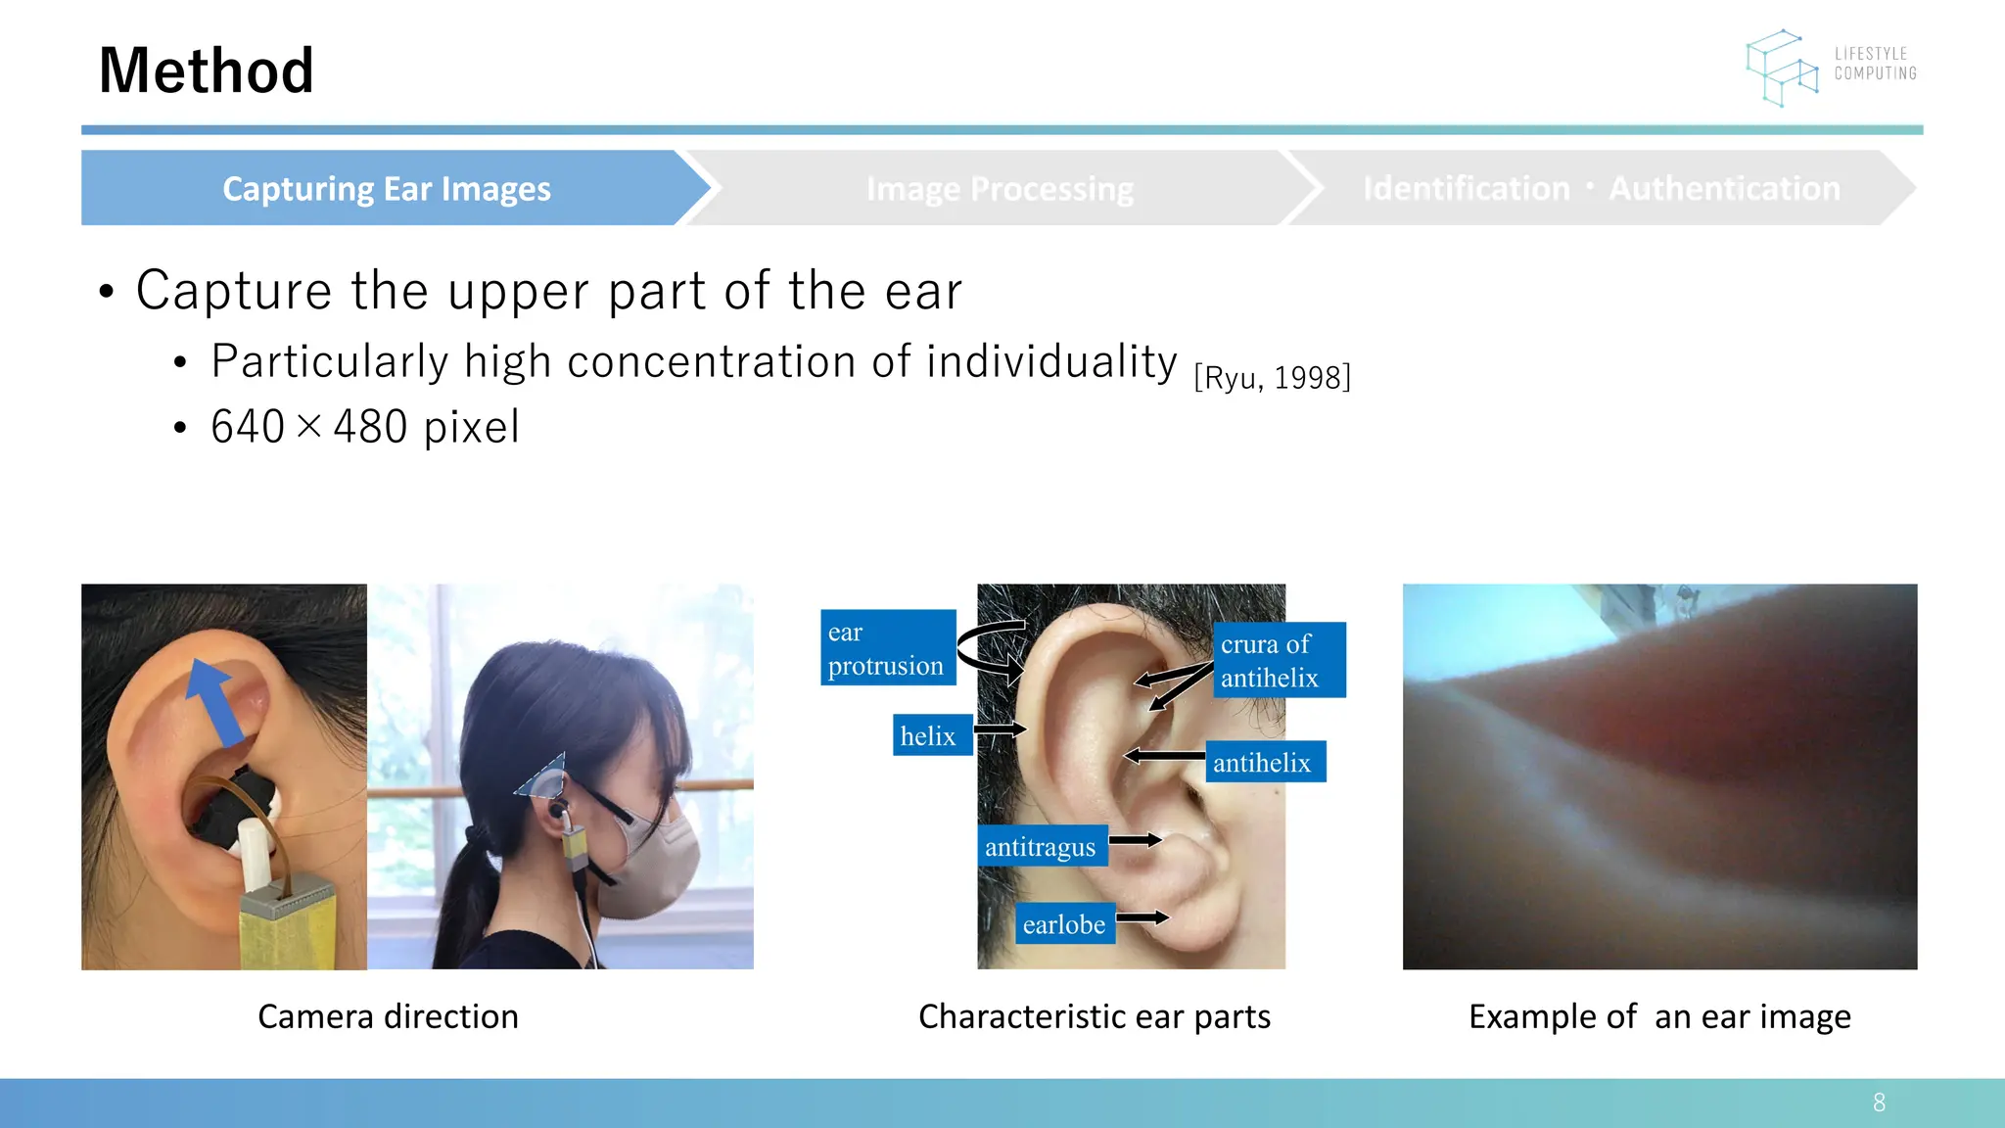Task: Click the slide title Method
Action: [x=206, y=70]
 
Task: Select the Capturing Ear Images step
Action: [x=387, y=188]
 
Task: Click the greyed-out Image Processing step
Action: [x=999, y=188]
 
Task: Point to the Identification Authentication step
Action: [x=1601, y=188]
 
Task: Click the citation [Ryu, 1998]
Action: [x=1272, y=377]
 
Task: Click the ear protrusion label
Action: [x=887, y=647]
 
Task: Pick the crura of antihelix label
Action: [x=1278, y=660]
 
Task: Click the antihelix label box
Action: [x=1264, y=762]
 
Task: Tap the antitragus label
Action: [x=1042, y=846]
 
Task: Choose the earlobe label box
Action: [x=1064, y=923]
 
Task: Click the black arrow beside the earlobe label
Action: [x=1142, y=917]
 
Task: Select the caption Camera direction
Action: [x=388, y=1016]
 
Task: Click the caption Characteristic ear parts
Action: [x=1094, y=1016]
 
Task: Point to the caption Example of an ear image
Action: [x=1659, y=1016]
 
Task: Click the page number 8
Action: [x=1879, y=1103]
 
